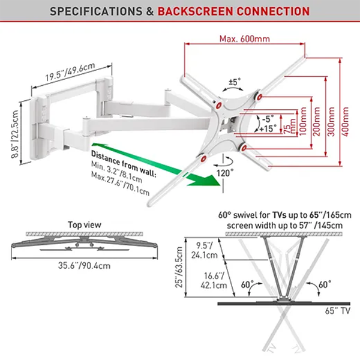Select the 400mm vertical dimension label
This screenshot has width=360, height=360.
pos(343,121)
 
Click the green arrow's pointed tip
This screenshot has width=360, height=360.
pos(212,181)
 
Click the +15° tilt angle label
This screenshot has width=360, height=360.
pos(268,128)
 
